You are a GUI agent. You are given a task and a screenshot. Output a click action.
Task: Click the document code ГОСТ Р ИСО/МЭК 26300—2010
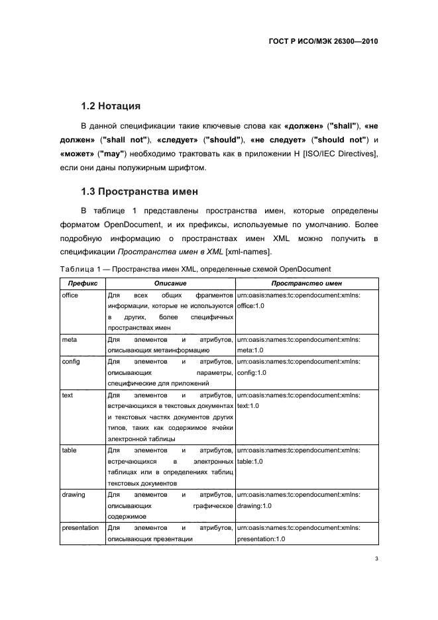(323, 40)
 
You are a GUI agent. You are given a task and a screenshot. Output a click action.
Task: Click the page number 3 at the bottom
(376, 558)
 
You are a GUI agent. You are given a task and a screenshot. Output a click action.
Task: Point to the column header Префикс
(82, 283)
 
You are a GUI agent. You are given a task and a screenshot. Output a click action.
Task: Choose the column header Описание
(170, 283)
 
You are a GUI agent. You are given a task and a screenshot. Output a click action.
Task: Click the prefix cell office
(70, 295)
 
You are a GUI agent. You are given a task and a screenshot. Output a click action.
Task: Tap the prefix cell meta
(69, 339)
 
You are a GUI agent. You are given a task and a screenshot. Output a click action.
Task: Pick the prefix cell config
(70, 362)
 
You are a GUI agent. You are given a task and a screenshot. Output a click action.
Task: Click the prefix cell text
(67, 395)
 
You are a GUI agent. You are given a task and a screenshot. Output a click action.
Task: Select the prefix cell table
(69, 450)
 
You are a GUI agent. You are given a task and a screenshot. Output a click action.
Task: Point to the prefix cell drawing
(73, 495)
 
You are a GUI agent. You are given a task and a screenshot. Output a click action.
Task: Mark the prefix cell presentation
(80, 528)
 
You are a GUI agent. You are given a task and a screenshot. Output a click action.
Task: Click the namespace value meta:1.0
(250, 350)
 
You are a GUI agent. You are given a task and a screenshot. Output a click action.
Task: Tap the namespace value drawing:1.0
(254, 506)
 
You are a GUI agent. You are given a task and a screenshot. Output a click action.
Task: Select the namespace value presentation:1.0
(261, 539)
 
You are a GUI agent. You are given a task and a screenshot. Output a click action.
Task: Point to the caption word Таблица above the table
(80, 269)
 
